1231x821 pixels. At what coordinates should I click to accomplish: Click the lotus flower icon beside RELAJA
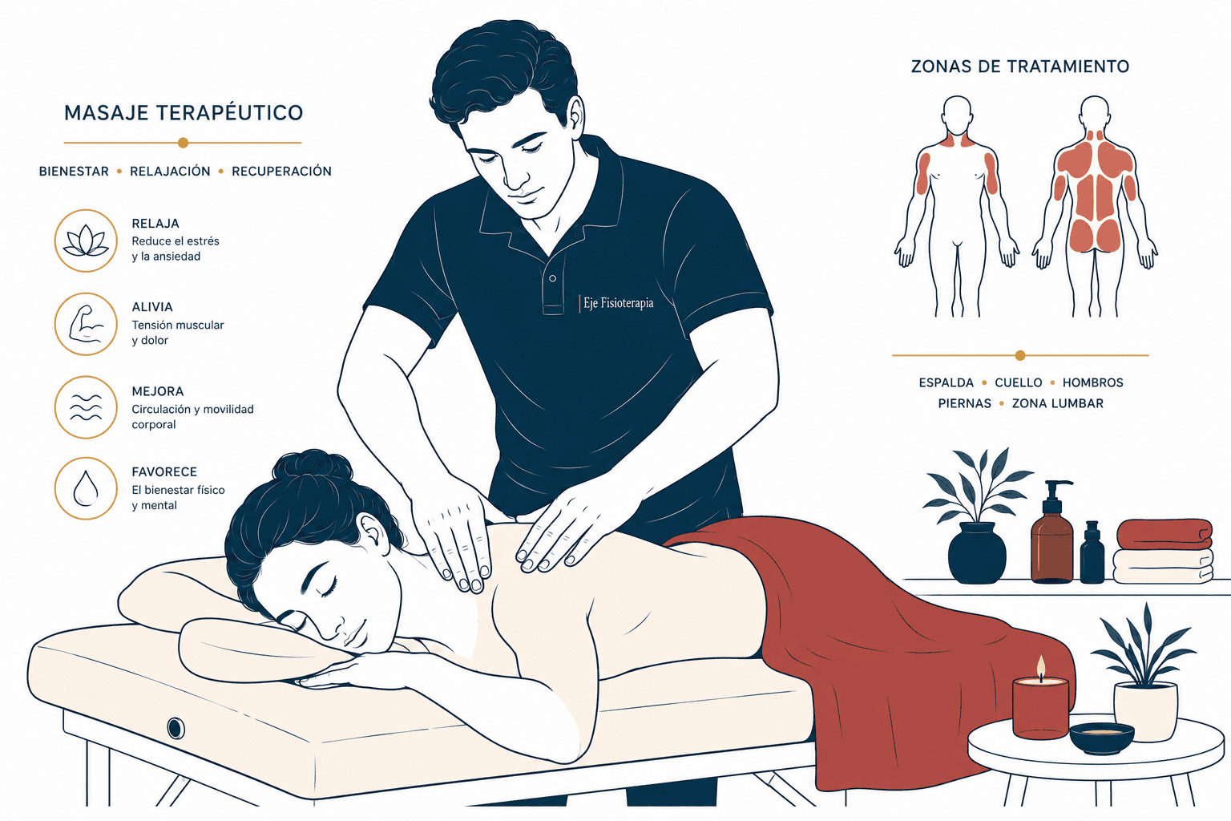click(86, 241)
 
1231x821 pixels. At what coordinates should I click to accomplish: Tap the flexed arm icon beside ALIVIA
click(86, 325)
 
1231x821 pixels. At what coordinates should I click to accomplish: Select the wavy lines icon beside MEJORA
click(86, 407)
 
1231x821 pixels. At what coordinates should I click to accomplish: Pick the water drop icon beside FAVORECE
click(86, 487)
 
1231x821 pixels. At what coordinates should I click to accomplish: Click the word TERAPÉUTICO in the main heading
click(230, 112)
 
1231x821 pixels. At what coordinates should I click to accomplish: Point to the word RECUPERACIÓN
click(281, 171)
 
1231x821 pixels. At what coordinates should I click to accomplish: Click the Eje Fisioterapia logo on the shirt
click(616, 304)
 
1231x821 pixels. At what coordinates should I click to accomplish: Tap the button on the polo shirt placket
click(552, 278)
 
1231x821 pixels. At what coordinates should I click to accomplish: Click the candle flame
click(1040, 668)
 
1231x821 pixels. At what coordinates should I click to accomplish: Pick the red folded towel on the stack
click(1164, 534)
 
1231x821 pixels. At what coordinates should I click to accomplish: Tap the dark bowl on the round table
click(1102, 738)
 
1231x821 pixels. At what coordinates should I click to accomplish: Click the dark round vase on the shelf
click(977, 552)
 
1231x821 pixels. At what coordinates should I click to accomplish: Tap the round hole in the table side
click(176, 727)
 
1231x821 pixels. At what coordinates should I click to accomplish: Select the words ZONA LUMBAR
click(1057, 403)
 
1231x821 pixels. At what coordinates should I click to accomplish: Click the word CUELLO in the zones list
click(1019, 382)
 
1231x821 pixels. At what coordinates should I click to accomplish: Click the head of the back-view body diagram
click(1094, 113)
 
